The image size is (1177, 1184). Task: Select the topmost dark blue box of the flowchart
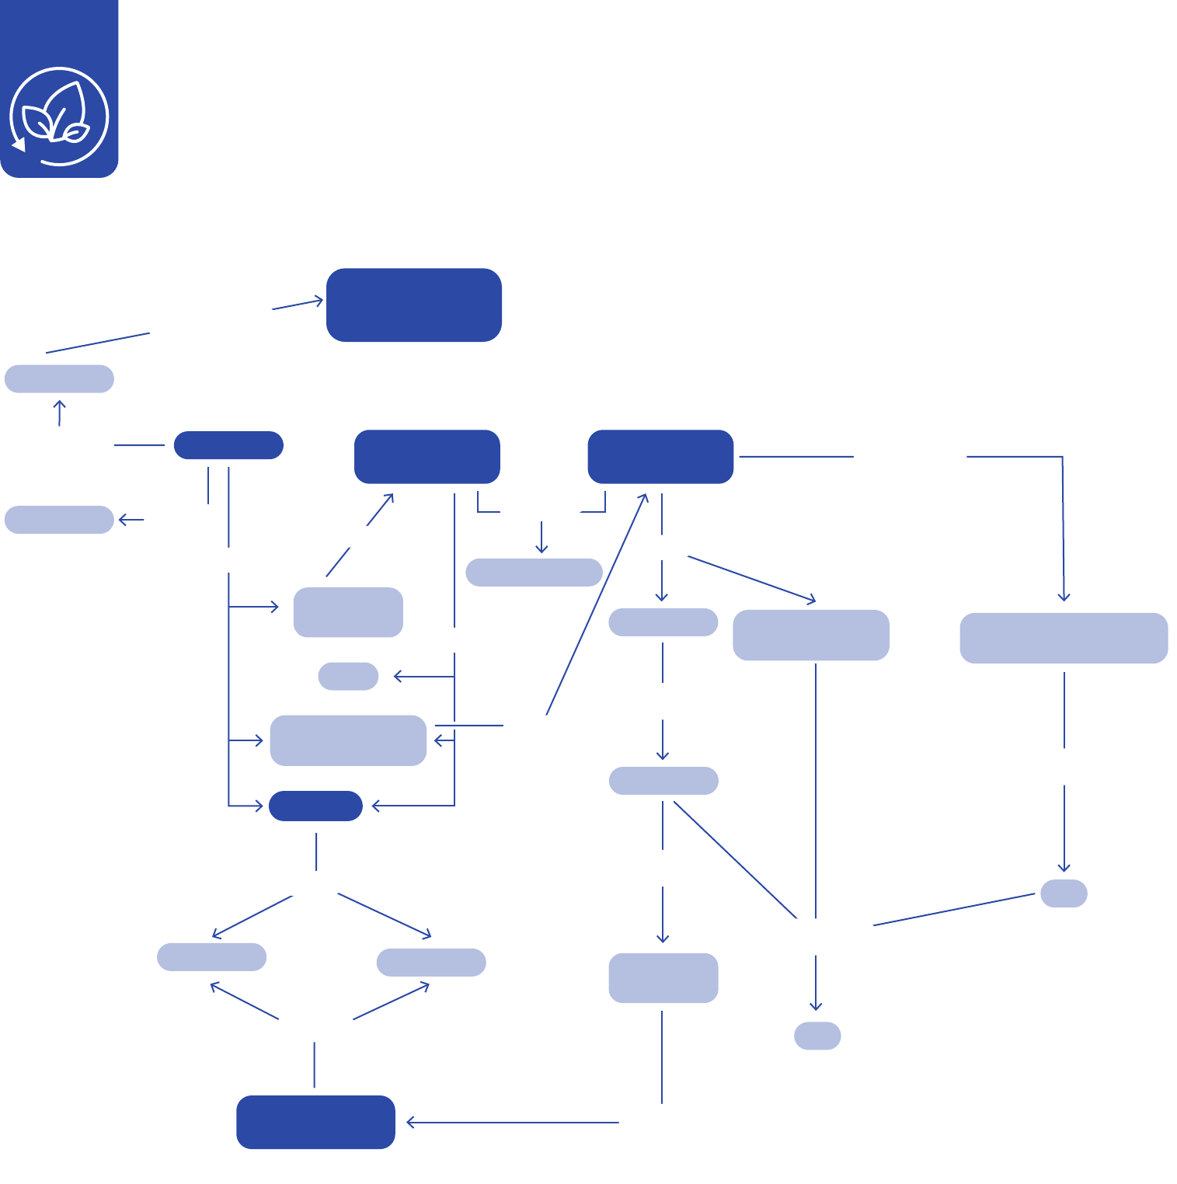(x=413, y=305)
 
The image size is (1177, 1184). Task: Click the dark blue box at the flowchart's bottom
(x=315, y=1122)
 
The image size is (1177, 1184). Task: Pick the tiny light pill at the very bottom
(x=817, y=1036)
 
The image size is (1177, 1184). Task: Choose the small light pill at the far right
(x=1064, y=893)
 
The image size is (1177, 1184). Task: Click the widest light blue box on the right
(x=1064, y=638)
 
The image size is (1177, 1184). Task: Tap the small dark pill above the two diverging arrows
(x=315, y=806)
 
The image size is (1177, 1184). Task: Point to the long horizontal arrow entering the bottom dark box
(x=513, y=1123)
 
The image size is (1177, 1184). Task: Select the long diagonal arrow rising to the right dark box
(x=597, y=604)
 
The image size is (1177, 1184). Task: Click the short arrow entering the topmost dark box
(x=298, y=305)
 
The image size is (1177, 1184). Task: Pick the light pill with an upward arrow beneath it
(x=59, y=379)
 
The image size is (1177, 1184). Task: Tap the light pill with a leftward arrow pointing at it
(x=59, y=520)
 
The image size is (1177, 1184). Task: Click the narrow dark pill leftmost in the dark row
(x=228, y=445)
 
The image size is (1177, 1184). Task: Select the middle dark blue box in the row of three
(x=427, y=457)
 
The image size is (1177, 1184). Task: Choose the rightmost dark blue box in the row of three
(x=660, y=457)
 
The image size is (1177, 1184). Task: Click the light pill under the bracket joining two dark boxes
(x=534, y=573)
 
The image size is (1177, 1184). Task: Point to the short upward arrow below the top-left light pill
(x=59, y=413)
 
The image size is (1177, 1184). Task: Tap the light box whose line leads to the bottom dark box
(x=663, y=977)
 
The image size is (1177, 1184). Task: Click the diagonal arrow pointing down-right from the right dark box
(x=751, y=579)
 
